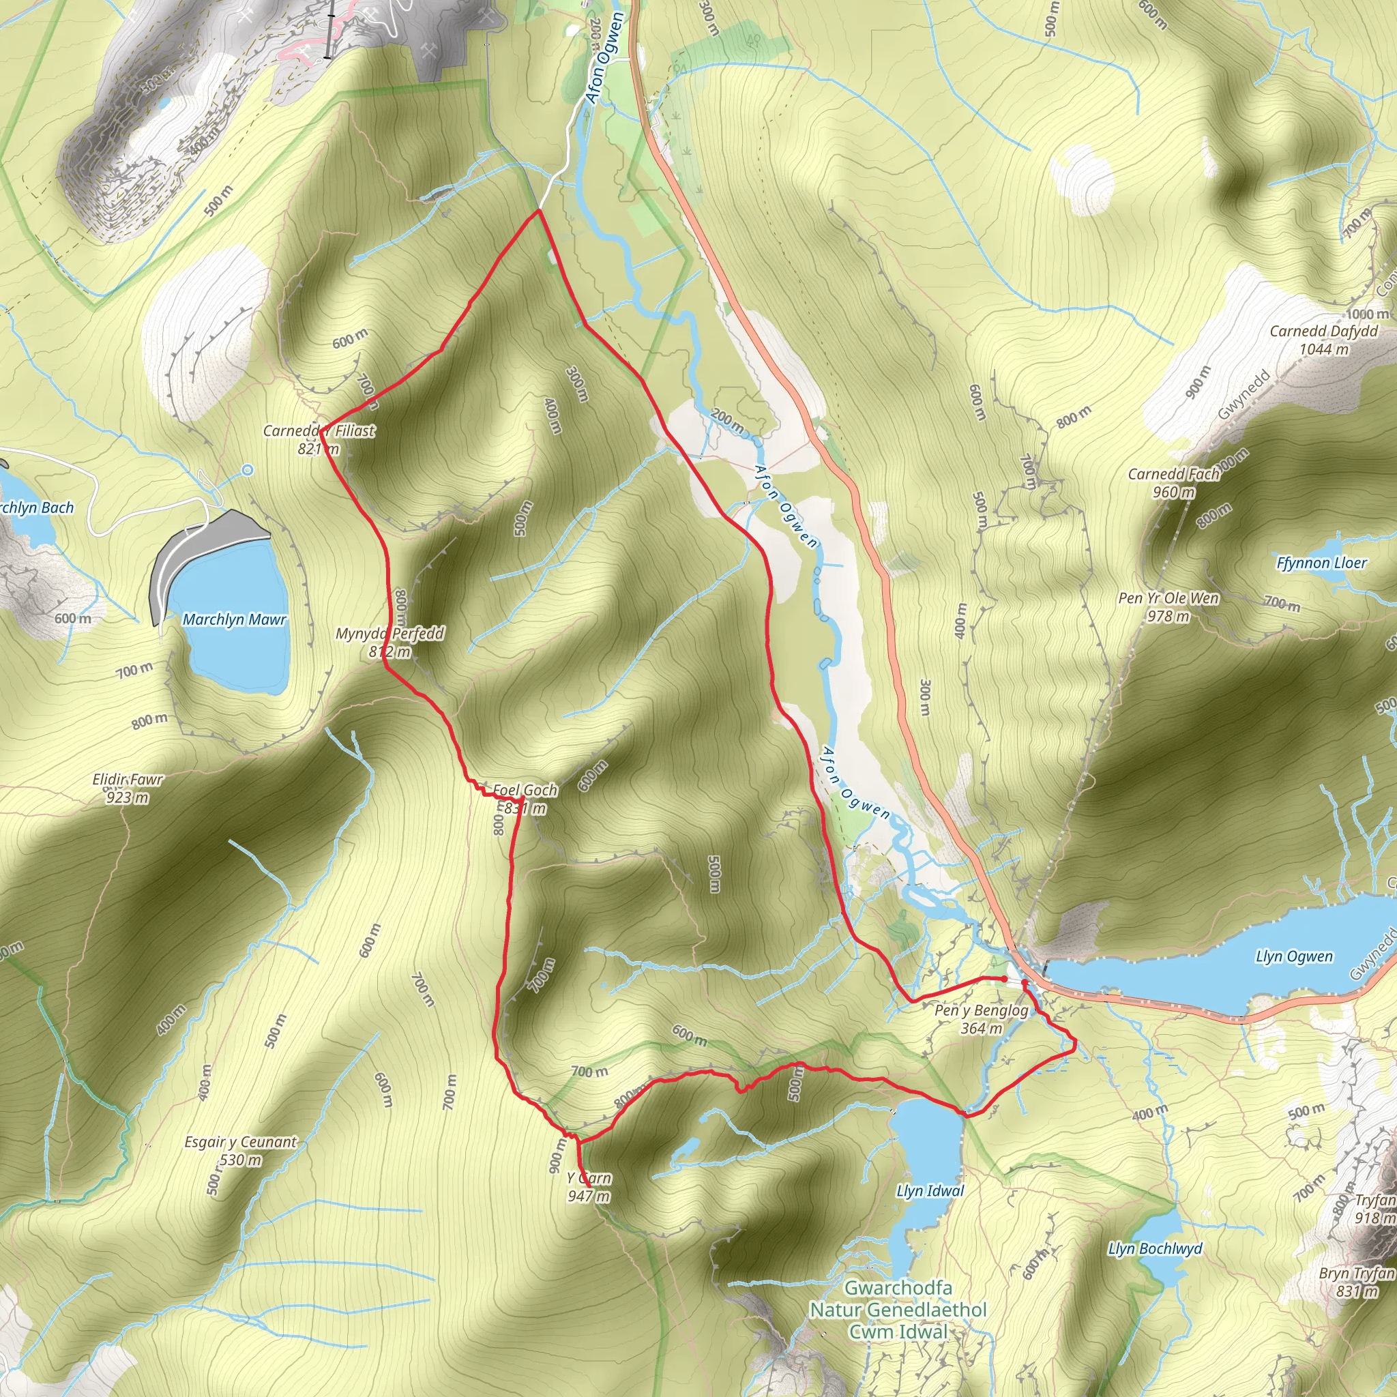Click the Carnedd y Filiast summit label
click(x=319, y=439)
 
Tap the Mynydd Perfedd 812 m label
click(x=389, y=642)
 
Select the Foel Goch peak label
click(x=525, y=798)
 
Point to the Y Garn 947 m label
click(x=589, y=1187)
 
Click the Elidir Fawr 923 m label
click(x=128, y=788)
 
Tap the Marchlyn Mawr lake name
click(x=234, y=619)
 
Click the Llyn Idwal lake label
click(x=930, y=1191)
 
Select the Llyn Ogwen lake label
click(x=1293, y=956)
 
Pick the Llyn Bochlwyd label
click(x=1155, y=1249)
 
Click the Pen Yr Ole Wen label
click(x=1168, y=606)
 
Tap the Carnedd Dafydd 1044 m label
click(x=1324, y=340)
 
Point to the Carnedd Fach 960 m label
click(x=1173, y=483)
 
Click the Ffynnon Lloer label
click(x=1321, y=563)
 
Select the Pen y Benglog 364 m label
click(x=981, y=1019)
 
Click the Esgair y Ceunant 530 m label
click(x=240, y=1151)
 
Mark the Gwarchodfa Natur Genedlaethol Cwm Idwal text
click(x=898, y=1310)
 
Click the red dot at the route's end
click(x=1004, y=978)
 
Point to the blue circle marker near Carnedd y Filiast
click(x=248, y=470)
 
